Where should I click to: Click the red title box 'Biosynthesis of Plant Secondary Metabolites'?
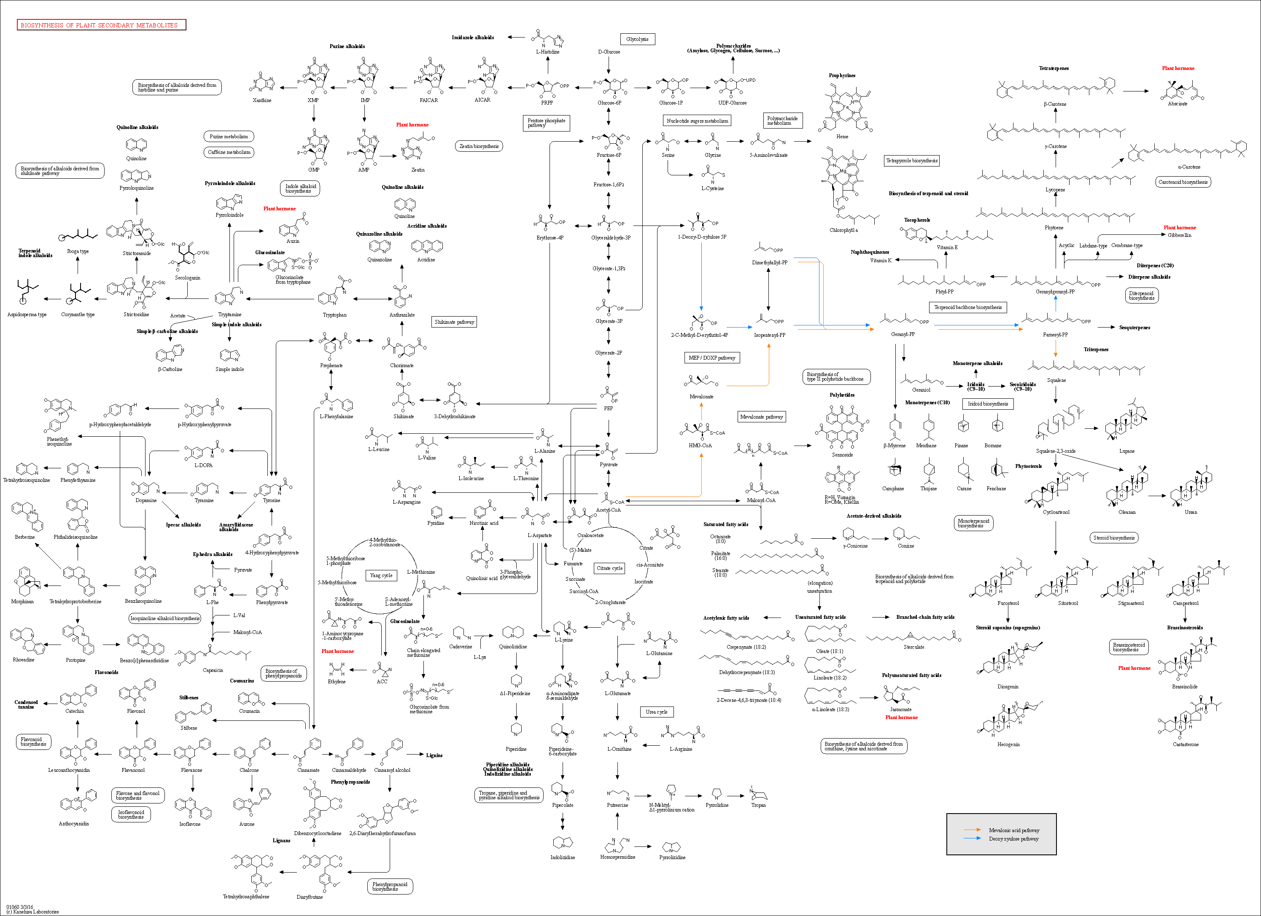coord(101,25)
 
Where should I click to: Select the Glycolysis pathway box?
coord(637,39)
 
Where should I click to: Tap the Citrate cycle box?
coord(610,568)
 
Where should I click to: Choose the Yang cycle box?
coord(381,575)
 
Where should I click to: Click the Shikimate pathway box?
coord(454,322)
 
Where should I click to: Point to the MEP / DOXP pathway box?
coord(711,357)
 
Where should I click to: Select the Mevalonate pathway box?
coord(761,416)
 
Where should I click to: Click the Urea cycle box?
coord(657,712)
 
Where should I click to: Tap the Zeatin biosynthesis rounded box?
coord(479,146)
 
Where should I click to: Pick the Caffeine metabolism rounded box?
coord(229,152)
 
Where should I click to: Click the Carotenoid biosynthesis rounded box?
coord(1183,182)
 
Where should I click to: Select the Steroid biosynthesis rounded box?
coord(1114,537)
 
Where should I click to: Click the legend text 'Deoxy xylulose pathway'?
coord(1013,839)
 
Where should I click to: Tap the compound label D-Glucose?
coord(609,52)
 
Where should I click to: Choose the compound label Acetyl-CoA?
coord(608,510)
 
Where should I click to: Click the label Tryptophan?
coord(335,314)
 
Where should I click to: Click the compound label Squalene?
coord(1056,380)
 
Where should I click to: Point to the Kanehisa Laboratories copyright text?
coord(32,911)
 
